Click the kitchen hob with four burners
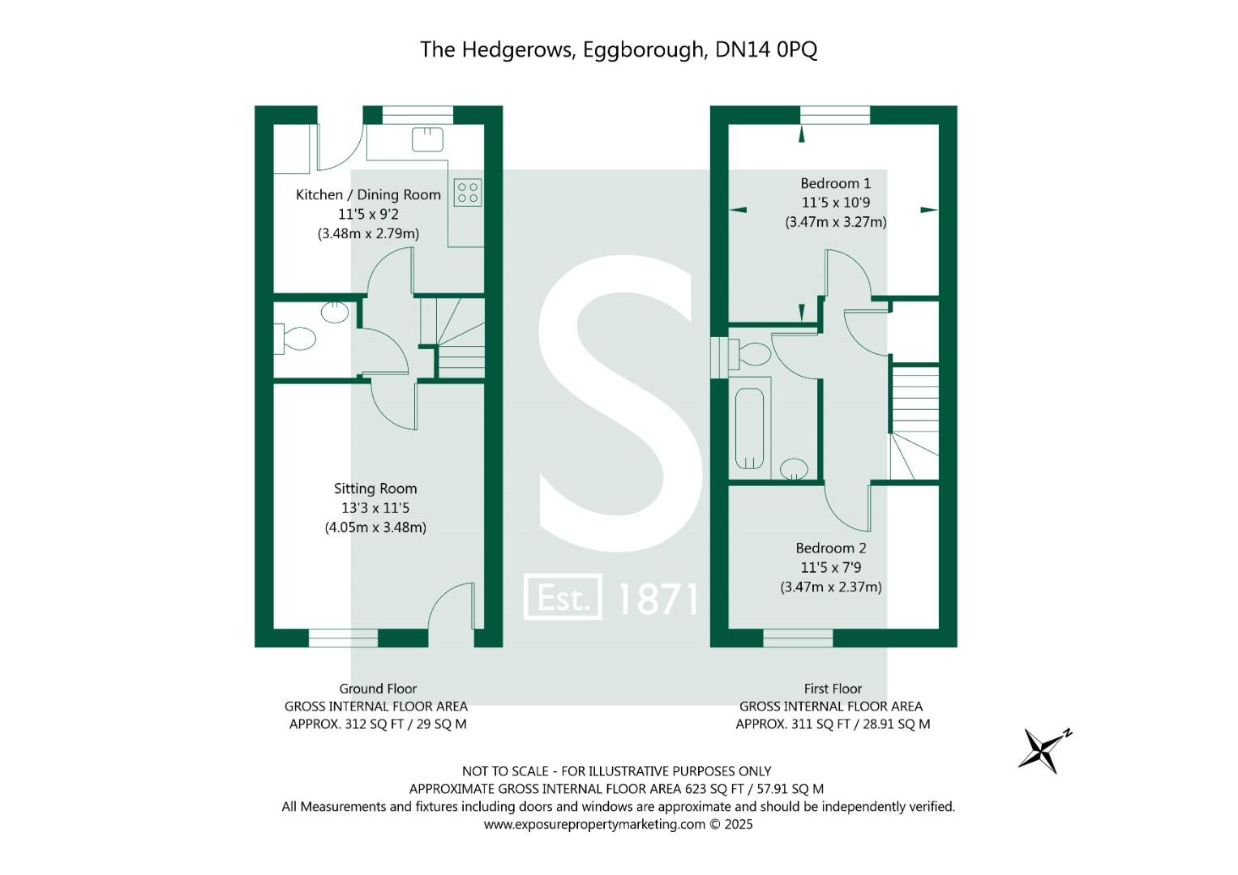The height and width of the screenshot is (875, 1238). tap(468, 193)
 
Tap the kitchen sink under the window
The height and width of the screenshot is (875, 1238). tap(427, 139)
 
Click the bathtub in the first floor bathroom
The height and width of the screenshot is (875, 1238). tap(750, 429)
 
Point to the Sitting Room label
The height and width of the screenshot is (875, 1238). tap(375, 489)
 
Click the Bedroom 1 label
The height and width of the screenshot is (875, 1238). tap(835, 183)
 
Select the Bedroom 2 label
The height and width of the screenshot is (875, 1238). tap(831, 548)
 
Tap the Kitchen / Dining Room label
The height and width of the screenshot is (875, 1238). tap(368, 194)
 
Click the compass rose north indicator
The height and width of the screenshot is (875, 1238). tap(1043, 749)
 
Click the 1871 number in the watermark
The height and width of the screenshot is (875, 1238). tap(658, 599)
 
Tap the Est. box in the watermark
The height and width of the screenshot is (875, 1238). tap(563, 597)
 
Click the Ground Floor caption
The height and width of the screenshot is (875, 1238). tap(378, 689)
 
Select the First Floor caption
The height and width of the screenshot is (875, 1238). tap(833, 689)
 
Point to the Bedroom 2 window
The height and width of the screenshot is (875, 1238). tap(798, 638)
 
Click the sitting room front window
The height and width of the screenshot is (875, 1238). tap(343, 638)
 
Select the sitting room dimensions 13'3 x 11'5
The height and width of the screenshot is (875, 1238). tap(375, 508)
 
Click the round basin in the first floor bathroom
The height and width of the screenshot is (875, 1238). tap(794, 468)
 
